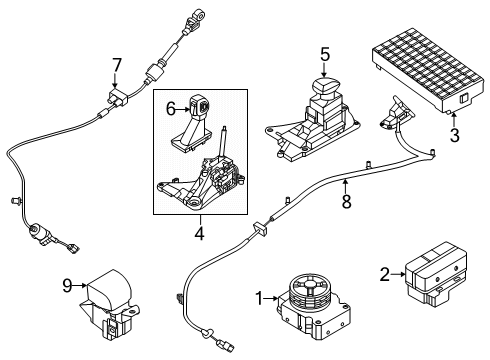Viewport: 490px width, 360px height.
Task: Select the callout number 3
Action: pos(455,134)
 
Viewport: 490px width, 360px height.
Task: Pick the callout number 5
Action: pos(324,55)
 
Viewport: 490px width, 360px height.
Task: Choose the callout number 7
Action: pos(116,65)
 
